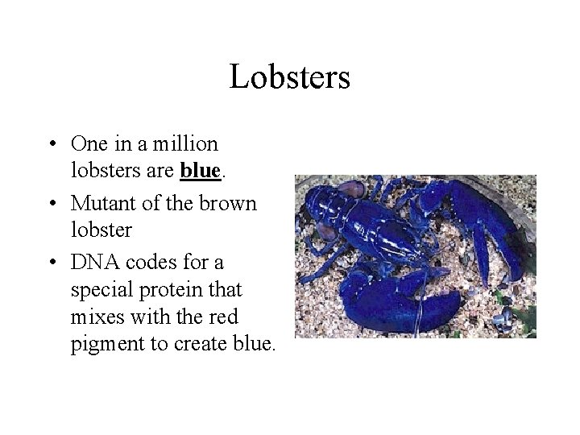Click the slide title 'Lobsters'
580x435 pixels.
289,78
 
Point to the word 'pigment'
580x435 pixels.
102,346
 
